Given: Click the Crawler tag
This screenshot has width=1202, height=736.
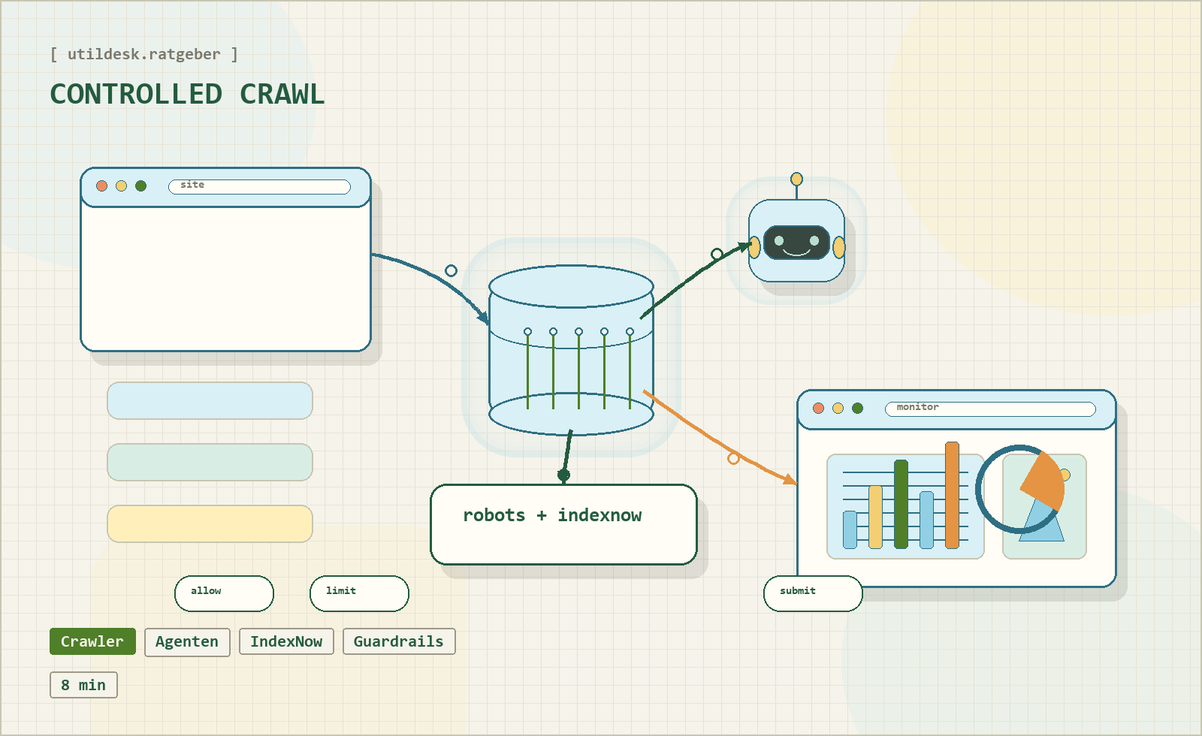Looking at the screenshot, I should click(x=92, y=641).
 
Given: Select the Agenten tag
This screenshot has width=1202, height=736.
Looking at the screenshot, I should click(x=187, y=642).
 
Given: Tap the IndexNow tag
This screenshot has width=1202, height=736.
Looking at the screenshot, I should click(x=286, y=642).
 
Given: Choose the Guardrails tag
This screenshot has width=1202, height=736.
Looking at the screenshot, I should click(x=399, y=642).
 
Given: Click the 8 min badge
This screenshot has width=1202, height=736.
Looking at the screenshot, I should click(x=83, y=685).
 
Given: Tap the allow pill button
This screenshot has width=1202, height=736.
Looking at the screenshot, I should click(x=224, y=593).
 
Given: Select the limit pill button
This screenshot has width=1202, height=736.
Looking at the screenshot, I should click(x=359, y=593).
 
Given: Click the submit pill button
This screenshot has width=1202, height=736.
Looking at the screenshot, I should click(x=813, y=593).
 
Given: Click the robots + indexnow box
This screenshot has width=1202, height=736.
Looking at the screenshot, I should click(x=563, y=524).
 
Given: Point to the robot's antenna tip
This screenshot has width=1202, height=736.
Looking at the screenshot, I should click(x=796, y=179).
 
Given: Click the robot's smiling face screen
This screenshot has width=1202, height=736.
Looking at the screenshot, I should click(x=796, y=243).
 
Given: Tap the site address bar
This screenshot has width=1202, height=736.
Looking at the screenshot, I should click(x=259, y=186).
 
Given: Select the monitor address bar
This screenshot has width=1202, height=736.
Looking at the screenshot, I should click(x=990, y=409).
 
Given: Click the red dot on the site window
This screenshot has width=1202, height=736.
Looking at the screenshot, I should click(x=102, y=186).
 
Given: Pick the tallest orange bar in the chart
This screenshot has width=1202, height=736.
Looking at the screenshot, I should click(x=952, y=496).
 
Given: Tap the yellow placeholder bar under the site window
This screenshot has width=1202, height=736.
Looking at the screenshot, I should click(x=210, y=523).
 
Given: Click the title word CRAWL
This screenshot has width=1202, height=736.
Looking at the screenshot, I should click(x=282, y=95).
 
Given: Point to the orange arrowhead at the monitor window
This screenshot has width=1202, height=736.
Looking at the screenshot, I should click(x=790, y=479).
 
